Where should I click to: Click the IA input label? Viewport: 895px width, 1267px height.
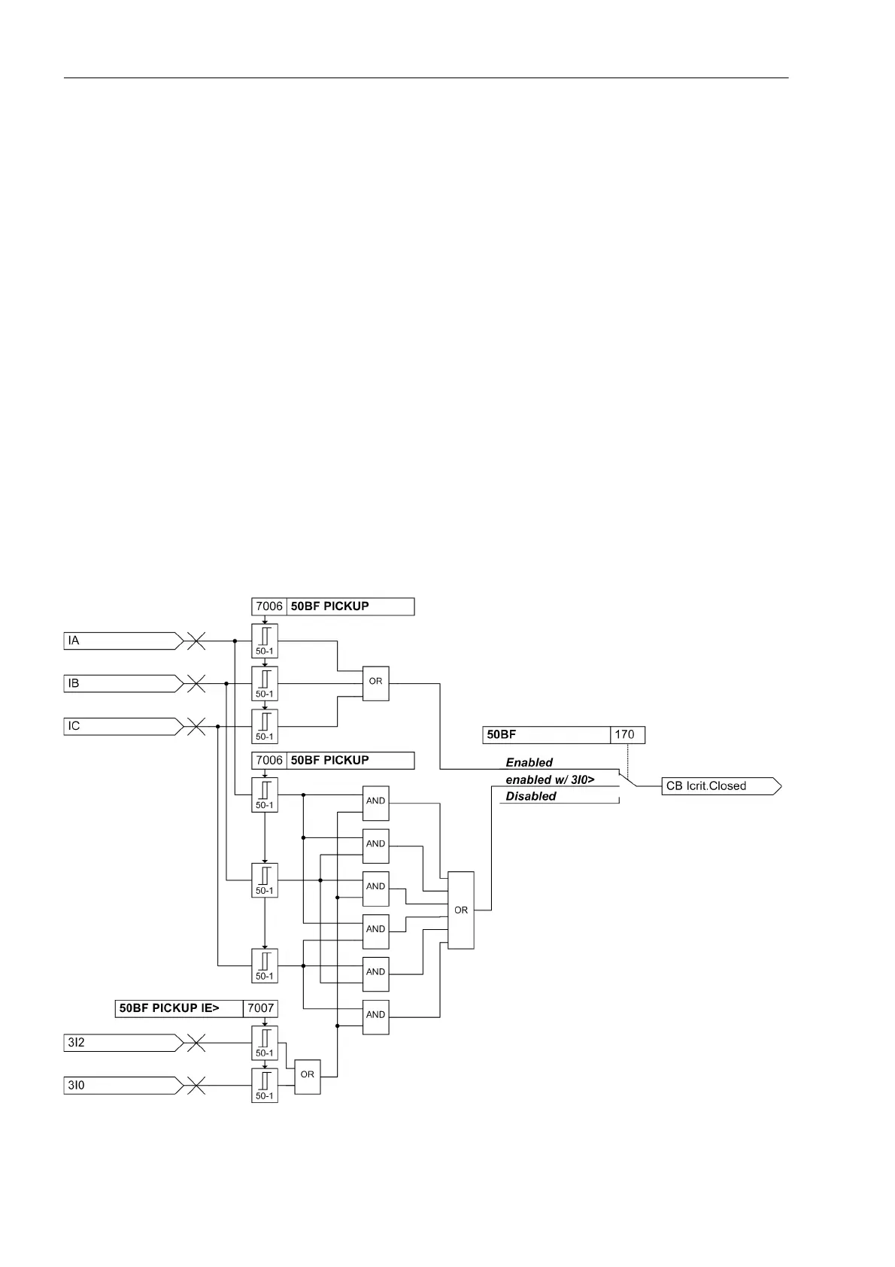pos(74,641)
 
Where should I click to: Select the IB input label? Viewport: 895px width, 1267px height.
pos(74,684)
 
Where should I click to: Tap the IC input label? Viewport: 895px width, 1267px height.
pos(74,727)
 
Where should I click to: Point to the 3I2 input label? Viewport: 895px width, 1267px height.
pos(77,1043)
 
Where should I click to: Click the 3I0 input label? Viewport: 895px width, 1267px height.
pos(77,1086)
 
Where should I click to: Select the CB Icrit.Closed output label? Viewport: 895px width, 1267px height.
pos(706,786)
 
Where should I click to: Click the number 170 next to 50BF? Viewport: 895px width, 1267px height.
pos(624,735)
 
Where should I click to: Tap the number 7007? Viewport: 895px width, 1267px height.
pos(261,1008)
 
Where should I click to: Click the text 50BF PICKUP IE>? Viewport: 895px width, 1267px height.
pos(169,1008)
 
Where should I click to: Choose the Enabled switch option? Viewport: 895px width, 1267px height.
pos(529,763)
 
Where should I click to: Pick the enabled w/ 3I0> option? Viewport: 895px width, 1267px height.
pos(550,780)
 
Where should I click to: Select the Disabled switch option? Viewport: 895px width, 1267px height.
pos(531,797)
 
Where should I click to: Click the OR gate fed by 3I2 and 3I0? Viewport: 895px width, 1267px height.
pos(308,1074)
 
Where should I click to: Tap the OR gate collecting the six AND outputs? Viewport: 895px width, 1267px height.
pos(461,910)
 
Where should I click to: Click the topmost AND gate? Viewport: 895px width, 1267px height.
pos(375,801)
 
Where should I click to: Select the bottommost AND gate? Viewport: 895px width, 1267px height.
pos(375,1015)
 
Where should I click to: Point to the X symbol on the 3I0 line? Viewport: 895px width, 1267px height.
pos(196,1086)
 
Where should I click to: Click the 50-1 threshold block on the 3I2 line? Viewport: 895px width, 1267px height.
pos(265,1043)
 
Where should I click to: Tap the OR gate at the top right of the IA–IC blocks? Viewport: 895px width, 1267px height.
pos(375,682)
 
